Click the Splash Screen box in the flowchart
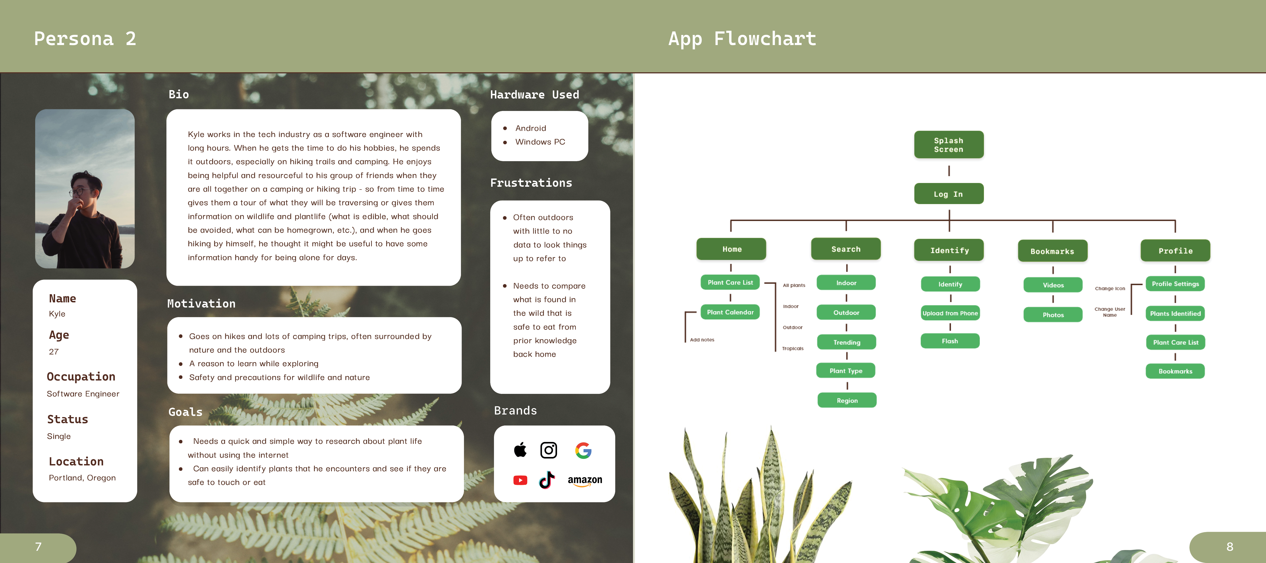click(949, 145)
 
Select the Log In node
click(949, 194)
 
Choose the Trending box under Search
click(846, 342)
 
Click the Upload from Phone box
click(950, 313)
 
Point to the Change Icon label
click(1110, 289)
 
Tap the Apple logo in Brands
click(520, 449)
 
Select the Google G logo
click(583, 450)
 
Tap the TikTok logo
click(547, 480)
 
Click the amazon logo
click(585, 480)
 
